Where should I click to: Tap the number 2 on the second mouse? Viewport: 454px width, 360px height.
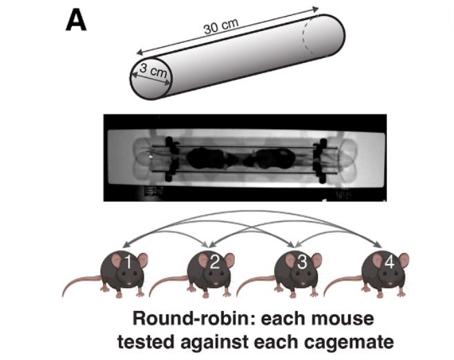[214, 261]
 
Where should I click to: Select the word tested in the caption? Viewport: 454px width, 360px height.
[142, 341]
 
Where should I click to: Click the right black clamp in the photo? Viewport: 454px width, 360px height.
[319, 158]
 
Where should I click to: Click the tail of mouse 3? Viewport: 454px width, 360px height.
[252, 284]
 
